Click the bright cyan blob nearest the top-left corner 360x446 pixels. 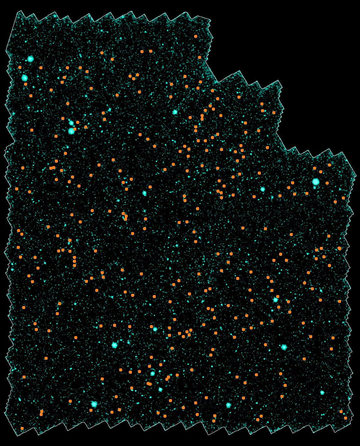pyautogui.click(x=30, y=59)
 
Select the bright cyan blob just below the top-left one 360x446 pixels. pyautogui.click(x=25, y=78)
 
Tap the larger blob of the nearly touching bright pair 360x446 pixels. pyautogui.click(x=71, y=131)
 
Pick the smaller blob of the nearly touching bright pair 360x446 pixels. pyautogui.click(x=71, y=123)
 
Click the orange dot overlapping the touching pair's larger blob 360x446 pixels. pyautogui.click(x=75, y=129)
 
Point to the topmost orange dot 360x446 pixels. pyautogui.click(x=196, y=37)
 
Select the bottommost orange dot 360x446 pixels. pyautogui.click(x=22, y=428)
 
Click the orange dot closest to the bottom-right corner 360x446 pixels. pyautogui.click(x=345, y=418)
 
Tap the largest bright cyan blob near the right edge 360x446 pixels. pyautogui.click(x=316, y=182)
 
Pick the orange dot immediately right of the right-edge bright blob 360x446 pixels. pyautogui.click(x=328, y=183)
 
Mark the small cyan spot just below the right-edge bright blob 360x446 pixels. pyautogui.click(x=314, y=188)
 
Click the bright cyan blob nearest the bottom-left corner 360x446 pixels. pyautogui.click(x=94, y=404)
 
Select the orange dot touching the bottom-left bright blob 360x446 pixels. pyautogui.click(x=91, y=410)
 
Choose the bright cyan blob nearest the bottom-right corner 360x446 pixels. pyautogui.click(x=322, y=393)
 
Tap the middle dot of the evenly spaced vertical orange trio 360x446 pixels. pyautogui.click(x=74, y=261)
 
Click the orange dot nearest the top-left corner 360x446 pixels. pyautogui.click(x=20, y=67)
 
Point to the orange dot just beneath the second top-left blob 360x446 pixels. pyautogui.click(x=26, y=84)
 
